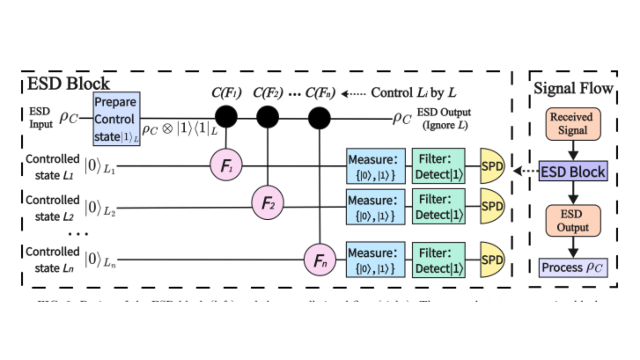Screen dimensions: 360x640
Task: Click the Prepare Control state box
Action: click(x=116, y=119)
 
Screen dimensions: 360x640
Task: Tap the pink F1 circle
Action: click(x=226, y=165)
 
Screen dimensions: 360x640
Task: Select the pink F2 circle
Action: click(x=267, y=202)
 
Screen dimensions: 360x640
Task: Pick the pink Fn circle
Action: click(x=320, y=260)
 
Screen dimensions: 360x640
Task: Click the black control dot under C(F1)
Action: click(x=226, y=117)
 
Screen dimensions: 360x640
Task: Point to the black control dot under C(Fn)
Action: click(x=319, y=118)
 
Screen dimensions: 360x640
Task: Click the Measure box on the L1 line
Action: click(x=376, y=166)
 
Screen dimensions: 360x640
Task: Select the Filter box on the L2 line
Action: click(x=438, y=206)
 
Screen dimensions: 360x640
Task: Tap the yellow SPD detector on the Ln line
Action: click(x=492, y=260)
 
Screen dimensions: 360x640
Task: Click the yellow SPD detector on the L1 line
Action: click(x=492, y=166)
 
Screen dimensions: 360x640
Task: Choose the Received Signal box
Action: click(x=573, y=124)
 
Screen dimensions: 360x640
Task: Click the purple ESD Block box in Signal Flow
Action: click(x=573, y=171)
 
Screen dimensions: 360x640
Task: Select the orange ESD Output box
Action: click(x=573, y=221)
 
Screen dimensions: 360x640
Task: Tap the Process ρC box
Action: click(x=573, y=267)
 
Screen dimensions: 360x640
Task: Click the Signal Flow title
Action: click(x=573, y=88)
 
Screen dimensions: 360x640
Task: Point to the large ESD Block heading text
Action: click(x=68, y=84)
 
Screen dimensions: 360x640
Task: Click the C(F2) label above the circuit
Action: click(x=268, y=93)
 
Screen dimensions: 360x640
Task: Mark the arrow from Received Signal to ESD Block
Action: click(x=573, y=151)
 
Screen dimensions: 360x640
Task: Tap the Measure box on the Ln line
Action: click(x=376, y=260)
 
